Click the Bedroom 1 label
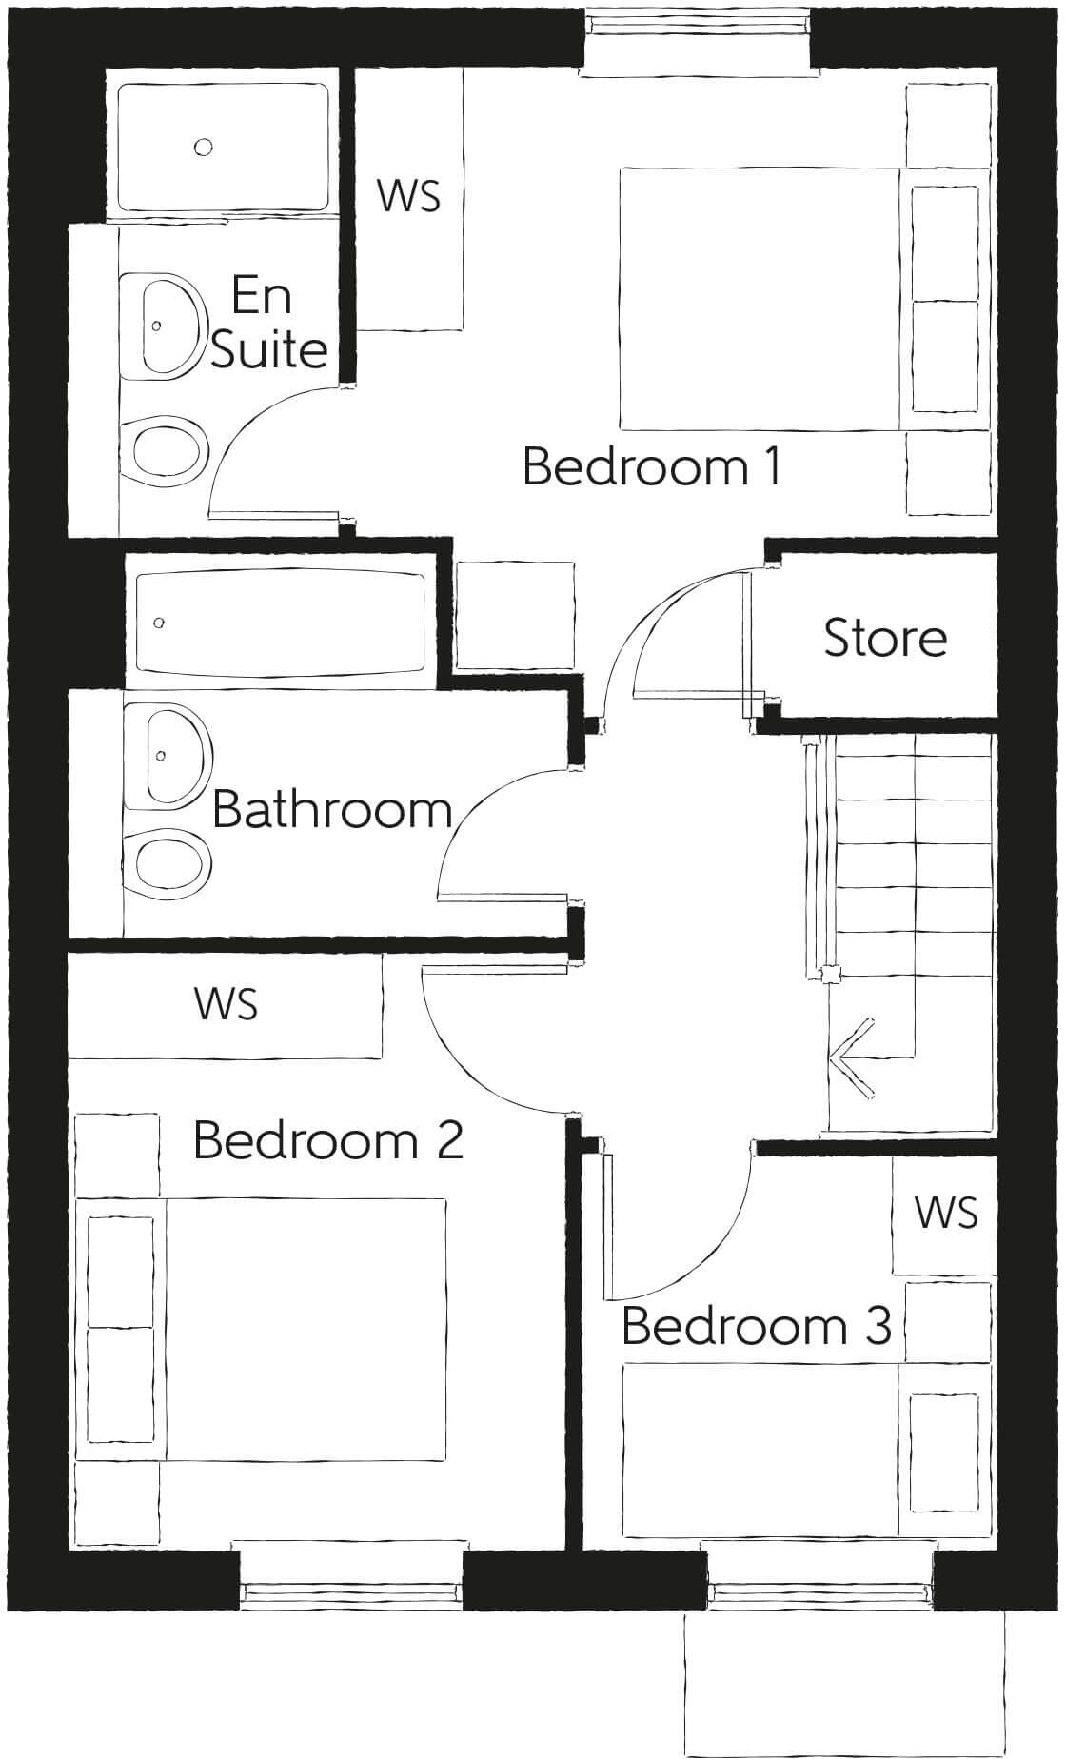(x=652, y=467)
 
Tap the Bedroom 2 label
(x=328, y=1139)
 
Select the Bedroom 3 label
(x=757, y=1325)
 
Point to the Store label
(x=884, y=638)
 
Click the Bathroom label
(x=331, y=810)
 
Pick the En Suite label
(x=268, y=323)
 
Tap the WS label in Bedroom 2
(x=226, y=1004)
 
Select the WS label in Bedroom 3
(x=945, y=1213)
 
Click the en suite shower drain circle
(x=203, y=147)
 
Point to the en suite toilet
(x=168, y=448)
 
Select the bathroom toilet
(x=169, y=861)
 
